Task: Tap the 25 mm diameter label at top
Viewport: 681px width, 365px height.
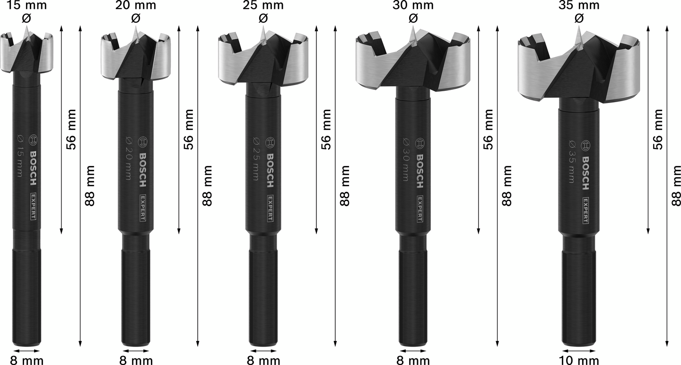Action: coord(263,5)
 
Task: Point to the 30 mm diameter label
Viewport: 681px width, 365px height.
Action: coord(412,5)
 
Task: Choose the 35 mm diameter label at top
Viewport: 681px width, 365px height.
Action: coord(578,5)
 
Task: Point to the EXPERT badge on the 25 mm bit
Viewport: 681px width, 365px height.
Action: coord(269,208)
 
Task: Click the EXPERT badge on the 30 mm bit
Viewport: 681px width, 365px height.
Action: coord(419,208)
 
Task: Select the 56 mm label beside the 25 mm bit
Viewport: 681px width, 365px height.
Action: coord(326,130)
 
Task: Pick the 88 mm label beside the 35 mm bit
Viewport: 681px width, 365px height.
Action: coord(676,185)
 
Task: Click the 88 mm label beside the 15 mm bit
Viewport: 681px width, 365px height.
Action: coord(89,185)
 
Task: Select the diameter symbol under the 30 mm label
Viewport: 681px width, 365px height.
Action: coord(412,18)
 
